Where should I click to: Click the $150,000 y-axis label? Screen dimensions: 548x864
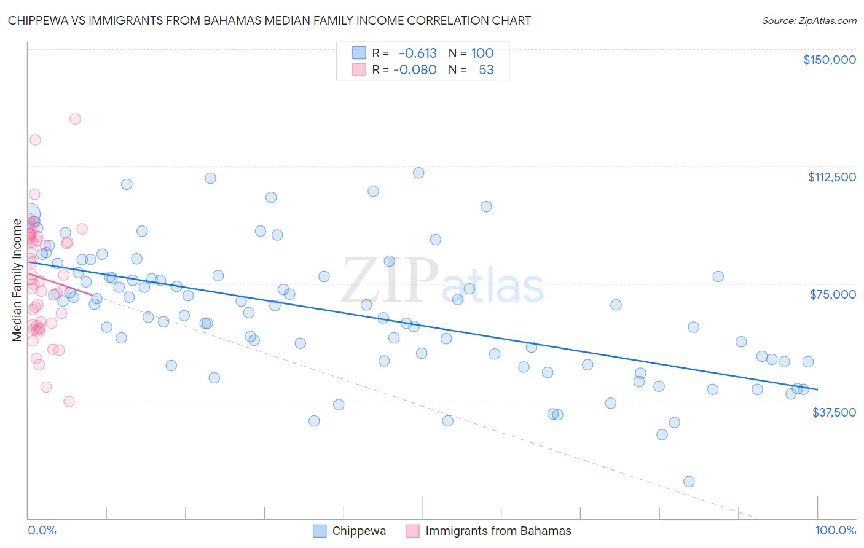pyautogui.click(x=829, y=60)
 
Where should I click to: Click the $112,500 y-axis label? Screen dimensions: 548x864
pyautogui.click(x=831, y=177)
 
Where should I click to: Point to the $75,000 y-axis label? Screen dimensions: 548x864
pyautogui.click(x=833, y=294)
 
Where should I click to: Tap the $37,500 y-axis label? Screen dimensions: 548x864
pyautogui.click(x=834, y=412)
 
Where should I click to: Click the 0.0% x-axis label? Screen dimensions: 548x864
pyautogui.click(x=42, y=530)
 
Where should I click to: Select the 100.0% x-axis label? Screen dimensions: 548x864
pyautogui.click(x=835, y=530)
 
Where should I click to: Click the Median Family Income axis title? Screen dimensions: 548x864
pyautogui.click(x=17, y=280)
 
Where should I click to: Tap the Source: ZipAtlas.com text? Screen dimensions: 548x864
pyautogui.click(x=809, y=20)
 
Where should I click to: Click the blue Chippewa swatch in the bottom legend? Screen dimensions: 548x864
pyautogui.click(x=320, y=531)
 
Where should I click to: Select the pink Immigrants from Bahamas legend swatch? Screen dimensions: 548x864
pyautogui.click(x=412, y=531)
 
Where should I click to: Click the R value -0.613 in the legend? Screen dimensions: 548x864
pyautogui.click(x=418, y=53)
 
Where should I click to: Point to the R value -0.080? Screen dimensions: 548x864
pyautogui.click(x=415, y=69)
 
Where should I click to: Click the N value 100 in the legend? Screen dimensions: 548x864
pyautogui.click(x=482, y=53)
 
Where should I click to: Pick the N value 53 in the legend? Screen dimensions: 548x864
pyautogui.click(x=486, y=69)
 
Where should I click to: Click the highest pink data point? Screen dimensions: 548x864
pyautogui.click(x=75, y=119)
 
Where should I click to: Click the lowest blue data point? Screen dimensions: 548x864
pyautogui.click(x=689, y=481)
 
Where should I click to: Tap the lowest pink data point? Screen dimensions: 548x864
pyautogui.click(x=69, y=401)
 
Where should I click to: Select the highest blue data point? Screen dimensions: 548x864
pyautogui.click(x=418, y=173)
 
